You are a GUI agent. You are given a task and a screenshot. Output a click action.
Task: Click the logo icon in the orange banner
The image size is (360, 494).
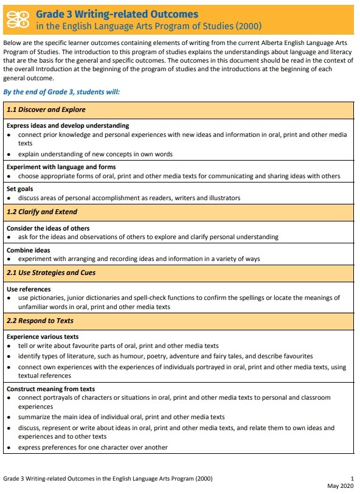click(18, 18)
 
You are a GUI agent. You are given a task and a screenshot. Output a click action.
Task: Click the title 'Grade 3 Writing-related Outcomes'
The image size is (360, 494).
click(117, 13)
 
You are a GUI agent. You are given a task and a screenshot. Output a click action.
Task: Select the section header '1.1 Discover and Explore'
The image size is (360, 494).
click(46, 110)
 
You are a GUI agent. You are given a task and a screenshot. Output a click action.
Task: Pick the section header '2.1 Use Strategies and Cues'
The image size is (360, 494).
click(51, 273)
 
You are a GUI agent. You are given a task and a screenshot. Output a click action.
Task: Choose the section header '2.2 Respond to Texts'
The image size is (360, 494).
click(40, 320)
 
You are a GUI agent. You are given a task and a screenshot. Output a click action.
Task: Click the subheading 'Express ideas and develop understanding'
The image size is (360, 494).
click(67, 125)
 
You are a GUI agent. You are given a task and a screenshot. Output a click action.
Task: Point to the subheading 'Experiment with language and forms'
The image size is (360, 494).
click(61, 167)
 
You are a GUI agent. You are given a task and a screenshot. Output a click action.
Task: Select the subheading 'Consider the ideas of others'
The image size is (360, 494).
click(48, 228)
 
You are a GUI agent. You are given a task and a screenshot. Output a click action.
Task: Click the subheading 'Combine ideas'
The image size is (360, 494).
click(28, 250)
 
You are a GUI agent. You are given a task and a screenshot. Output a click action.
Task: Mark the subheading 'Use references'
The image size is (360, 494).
click(29, 289)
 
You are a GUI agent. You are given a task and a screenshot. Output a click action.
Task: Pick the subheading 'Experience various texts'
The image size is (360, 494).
click(43, 336)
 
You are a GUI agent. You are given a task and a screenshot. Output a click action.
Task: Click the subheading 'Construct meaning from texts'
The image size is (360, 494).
click(50, 389)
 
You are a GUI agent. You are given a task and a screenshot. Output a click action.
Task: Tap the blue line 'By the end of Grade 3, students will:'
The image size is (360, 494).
click(62, 91)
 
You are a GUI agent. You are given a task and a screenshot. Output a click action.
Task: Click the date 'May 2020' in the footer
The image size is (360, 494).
click(340, 485)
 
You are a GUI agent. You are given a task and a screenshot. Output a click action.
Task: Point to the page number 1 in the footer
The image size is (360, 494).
click(352, 478)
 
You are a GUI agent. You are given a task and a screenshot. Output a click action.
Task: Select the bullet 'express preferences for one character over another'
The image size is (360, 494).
click(92, 447)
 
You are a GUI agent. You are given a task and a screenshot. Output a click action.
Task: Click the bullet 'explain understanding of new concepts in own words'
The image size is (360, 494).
click(95, 154)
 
